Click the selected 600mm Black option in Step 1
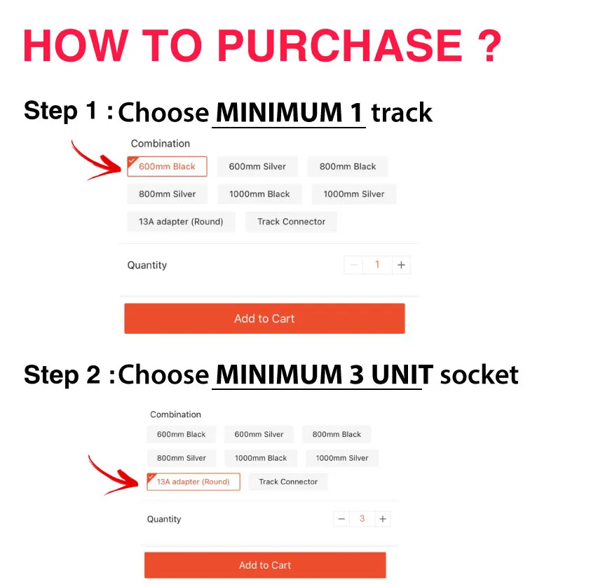pos(167,166)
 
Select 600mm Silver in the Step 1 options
pos(257,166)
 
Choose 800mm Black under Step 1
pos(348,166)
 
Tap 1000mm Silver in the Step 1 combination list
pos(354,194)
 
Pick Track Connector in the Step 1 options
pos(292,222)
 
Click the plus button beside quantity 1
pos(401,265)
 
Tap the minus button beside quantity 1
pos(353,265)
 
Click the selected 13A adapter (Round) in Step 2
pos(193,482)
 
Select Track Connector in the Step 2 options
pos(288,482)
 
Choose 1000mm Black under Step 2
pos(261,458)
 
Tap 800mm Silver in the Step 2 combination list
pos(182,458)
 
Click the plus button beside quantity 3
pos(383,519)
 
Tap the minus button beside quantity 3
pos(341,519)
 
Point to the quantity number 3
pos(362,519)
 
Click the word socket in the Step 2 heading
pos(480,375)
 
